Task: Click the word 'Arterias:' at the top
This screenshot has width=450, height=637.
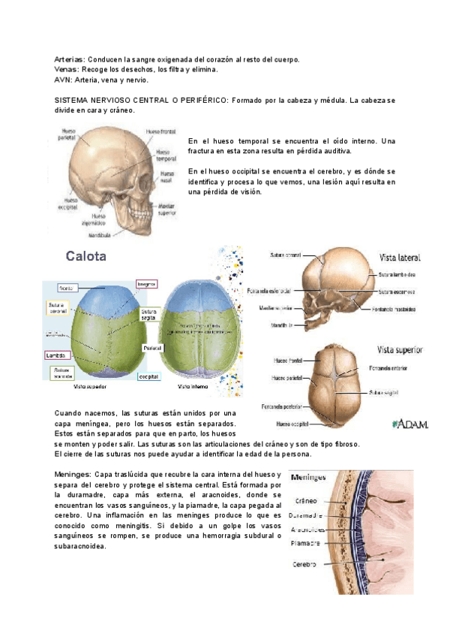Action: (x=70, y=59)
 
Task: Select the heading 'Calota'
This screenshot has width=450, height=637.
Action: (x=86, y=256)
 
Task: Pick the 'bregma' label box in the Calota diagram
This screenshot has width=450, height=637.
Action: (x=146, y=284)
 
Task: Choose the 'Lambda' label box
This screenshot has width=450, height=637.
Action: (x=55, y=355)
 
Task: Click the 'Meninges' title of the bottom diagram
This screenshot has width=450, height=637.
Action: (x=307, y=476)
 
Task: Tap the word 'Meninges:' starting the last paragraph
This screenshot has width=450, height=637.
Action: (x=72, y=475)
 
